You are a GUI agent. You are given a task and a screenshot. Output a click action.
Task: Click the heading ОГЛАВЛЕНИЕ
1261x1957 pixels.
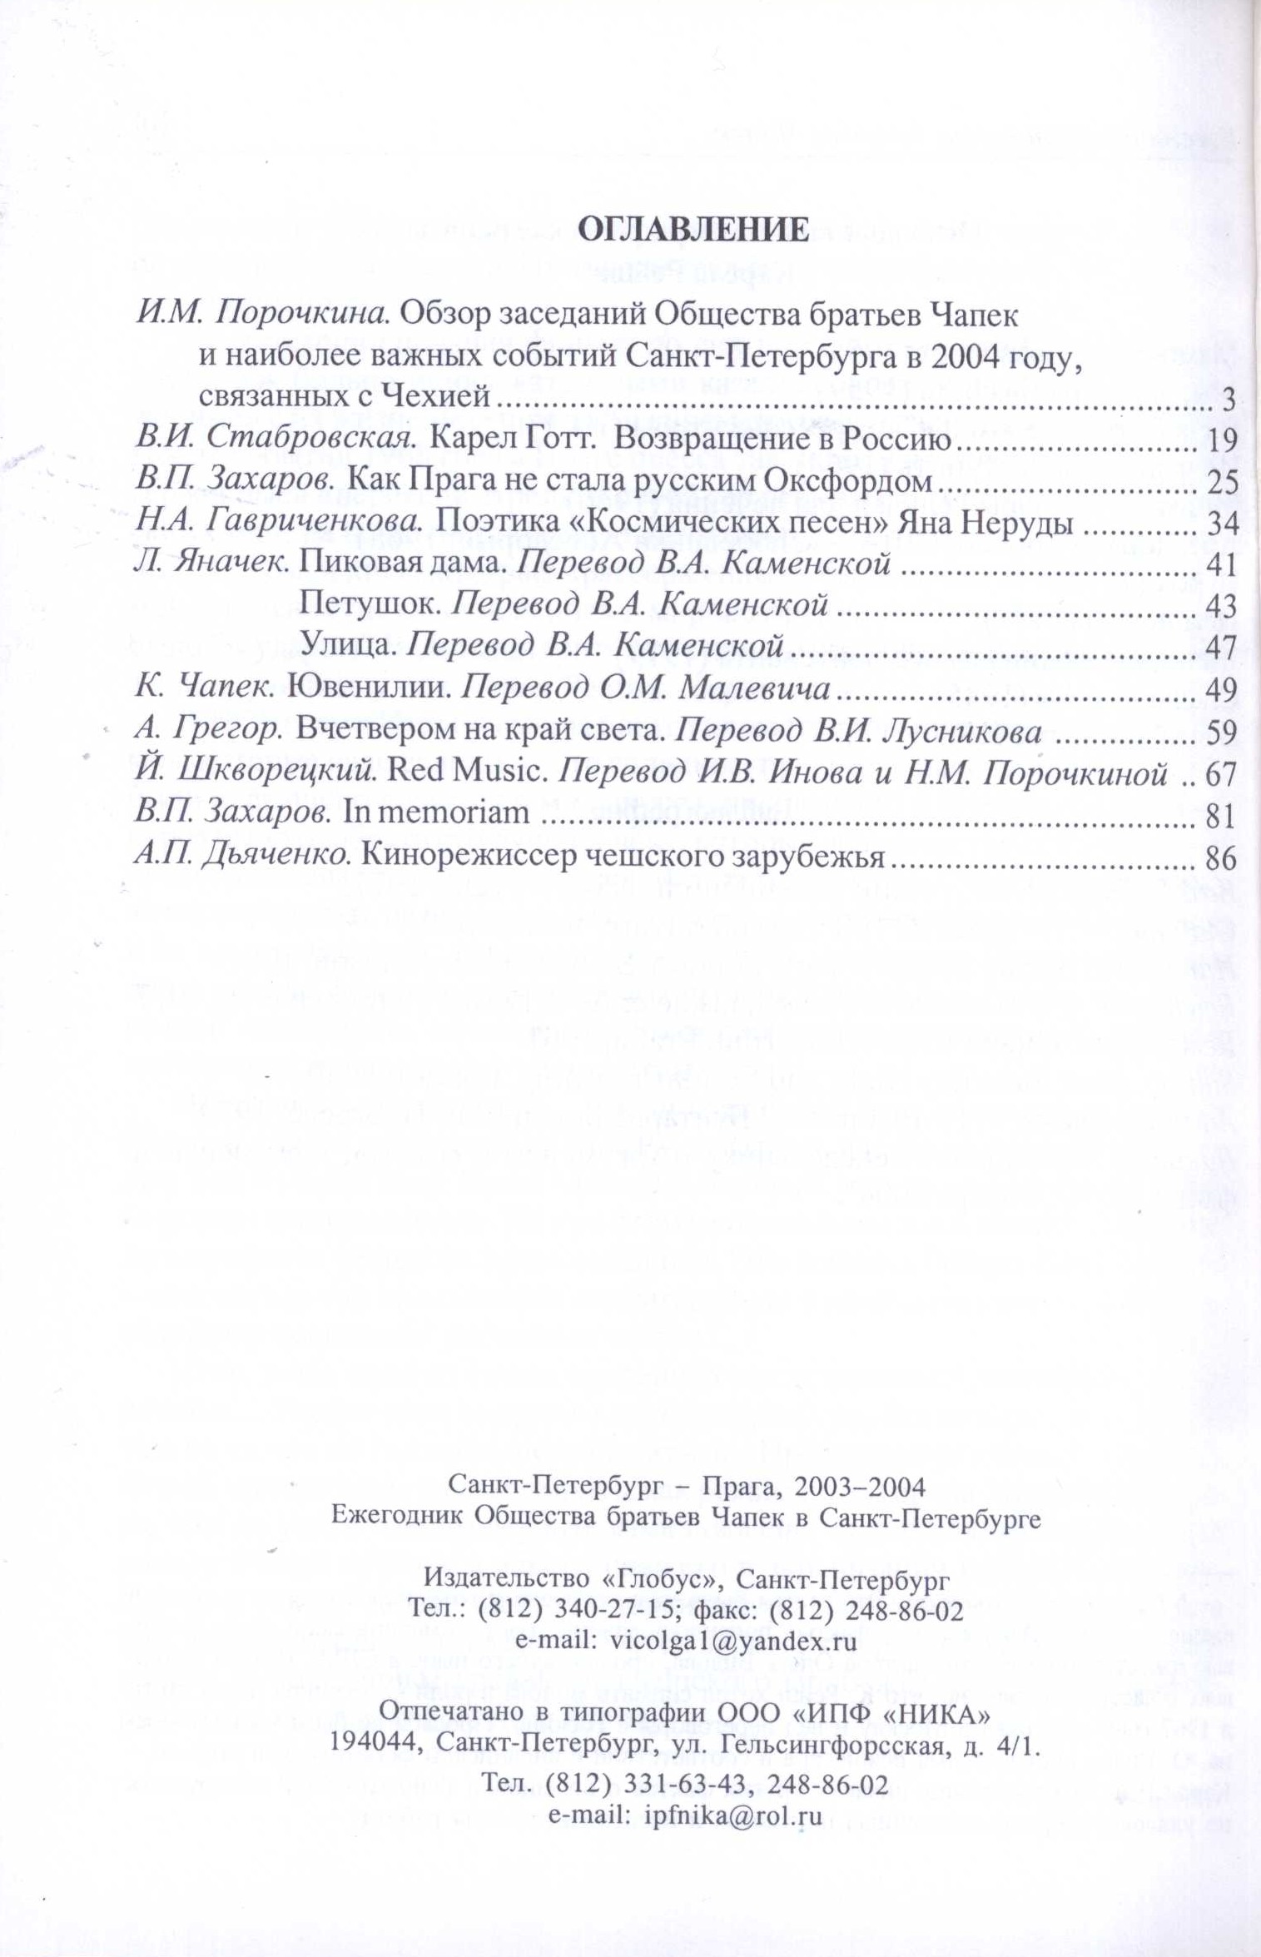(693, 229)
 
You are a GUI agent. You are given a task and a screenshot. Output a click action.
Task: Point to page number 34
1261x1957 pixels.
(1221, 524)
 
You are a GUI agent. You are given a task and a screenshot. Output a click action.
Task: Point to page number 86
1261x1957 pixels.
(1221, 858)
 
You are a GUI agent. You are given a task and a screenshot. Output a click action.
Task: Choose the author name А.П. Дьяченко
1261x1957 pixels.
(242, 857)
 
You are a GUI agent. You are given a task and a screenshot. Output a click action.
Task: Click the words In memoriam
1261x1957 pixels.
(436, 813)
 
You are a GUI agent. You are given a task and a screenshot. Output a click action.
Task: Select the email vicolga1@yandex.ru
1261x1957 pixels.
(733, 1642)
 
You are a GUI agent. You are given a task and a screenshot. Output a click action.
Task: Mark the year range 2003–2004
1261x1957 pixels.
(860, 1487)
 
